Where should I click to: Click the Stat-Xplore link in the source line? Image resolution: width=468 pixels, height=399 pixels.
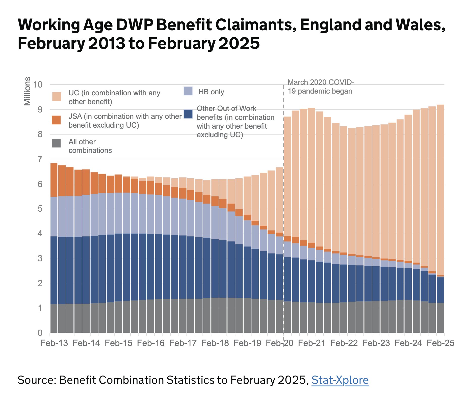click(x=340, y=380)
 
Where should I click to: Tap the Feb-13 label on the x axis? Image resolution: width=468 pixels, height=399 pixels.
click(x=54, y=343)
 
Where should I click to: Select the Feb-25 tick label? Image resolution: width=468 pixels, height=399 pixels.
click(x=440, y=343)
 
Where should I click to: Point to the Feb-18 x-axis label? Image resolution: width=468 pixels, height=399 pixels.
click(x=215, y=343)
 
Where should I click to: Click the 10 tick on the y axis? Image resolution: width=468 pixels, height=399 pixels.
click(x=38, y=85)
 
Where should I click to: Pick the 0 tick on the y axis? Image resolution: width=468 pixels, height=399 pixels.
click(x=40, y=333)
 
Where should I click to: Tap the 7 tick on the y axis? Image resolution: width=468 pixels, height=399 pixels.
click(x=40, y=159)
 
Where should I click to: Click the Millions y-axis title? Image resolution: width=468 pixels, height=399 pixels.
click(x=27, y=91)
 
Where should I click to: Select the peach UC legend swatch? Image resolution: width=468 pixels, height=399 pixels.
click(x=57, y=97)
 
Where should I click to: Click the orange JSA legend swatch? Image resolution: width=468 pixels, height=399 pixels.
click(x=56, y=120)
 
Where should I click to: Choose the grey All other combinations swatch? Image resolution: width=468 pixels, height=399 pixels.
click(x=56, y=143)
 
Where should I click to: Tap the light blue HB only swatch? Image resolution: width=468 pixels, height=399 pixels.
click(x=188, y=91)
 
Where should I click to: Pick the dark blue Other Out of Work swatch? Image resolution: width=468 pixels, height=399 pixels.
click(x=188, y=114)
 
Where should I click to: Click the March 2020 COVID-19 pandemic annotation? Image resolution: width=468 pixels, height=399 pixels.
click(x=321, y=87)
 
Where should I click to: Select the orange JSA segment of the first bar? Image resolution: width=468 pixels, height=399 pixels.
click(x=54, y=180)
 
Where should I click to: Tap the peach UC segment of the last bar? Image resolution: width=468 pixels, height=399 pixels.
click(x=440, y=189)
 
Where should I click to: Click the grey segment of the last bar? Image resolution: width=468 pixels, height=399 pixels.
click(x=440, y=318)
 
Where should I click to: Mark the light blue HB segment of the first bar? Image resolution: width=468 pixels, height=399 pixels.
click(x=54, y=216)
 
